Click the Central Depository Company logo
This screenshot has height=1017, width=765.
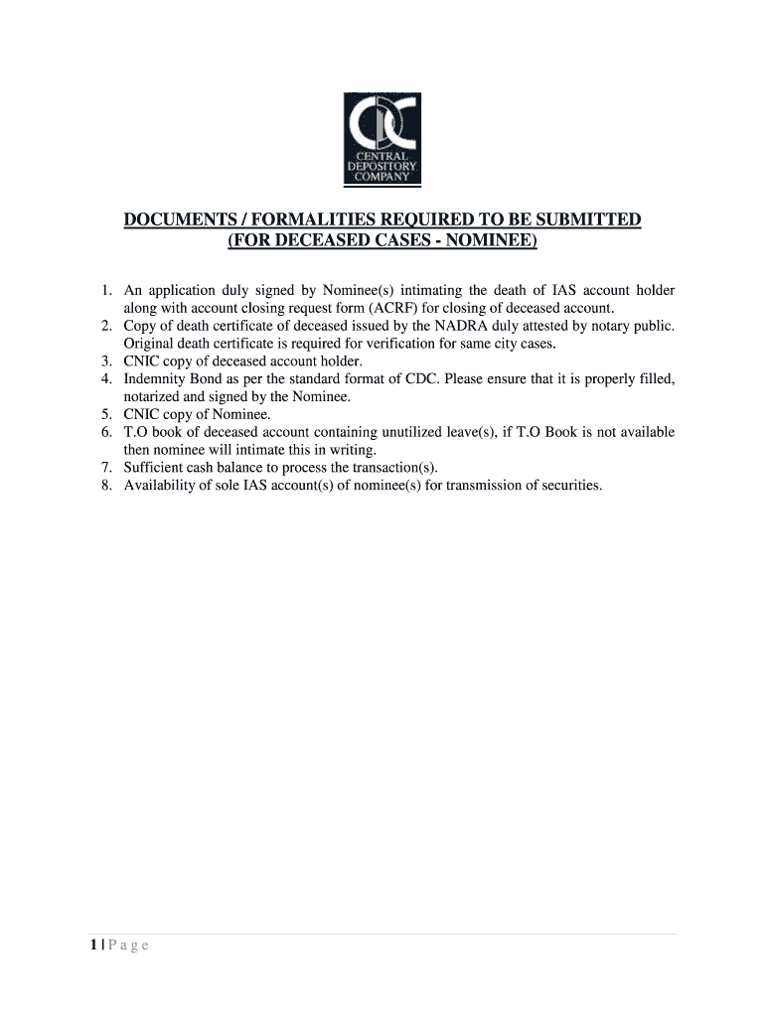382,138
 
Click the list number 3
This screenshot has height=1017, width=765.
105,362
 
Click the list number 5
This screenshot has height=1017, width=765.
105,414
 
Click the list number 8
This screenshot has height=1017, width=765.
105,486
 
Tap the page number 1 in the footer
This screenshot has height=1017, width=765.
92,945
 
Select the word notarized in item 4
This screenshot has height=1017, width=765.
152,397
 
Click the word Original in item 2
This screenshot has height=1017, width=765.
149,344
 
